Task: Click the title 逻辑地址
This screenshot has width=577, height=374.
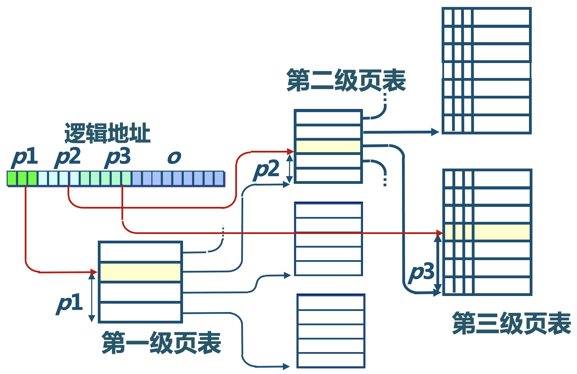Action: coord(107,133)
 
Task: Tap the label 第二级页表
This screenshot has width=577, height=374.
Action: coord(346,80)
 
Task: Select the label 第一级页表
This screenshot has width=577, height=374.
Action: coord(161,343)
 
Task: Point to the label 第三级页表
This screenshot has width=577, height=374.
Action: coord(512,323)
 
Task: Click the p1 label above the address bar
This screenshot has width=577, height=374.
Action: coord(24,157)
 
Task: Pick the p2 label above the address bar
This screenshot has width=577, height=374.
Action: coord(68,157)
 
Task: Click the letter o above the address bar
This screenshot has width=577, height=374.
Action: coord(174,158)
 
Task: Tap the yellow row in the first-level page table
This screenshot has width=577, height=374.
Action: coord(140,272)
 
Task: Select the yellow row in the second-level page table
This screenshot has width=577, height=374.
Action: coord(328,146)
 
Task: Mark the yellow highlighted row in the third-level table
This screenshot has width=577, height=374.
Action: coord(487,232)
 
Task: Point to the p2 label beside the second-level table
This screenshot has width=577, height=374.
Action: coord(267,170)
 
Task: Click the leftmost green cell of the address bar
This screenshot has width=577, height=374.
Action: coord(12,178)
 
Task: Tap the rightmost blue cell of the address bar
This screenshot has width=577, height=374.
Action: coord(219,178)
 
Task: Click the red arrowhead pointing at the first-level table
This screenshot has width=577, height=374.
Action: coord(94,272)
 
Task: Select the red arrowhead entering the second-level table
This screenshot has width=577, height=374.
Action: coord(291,151)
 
